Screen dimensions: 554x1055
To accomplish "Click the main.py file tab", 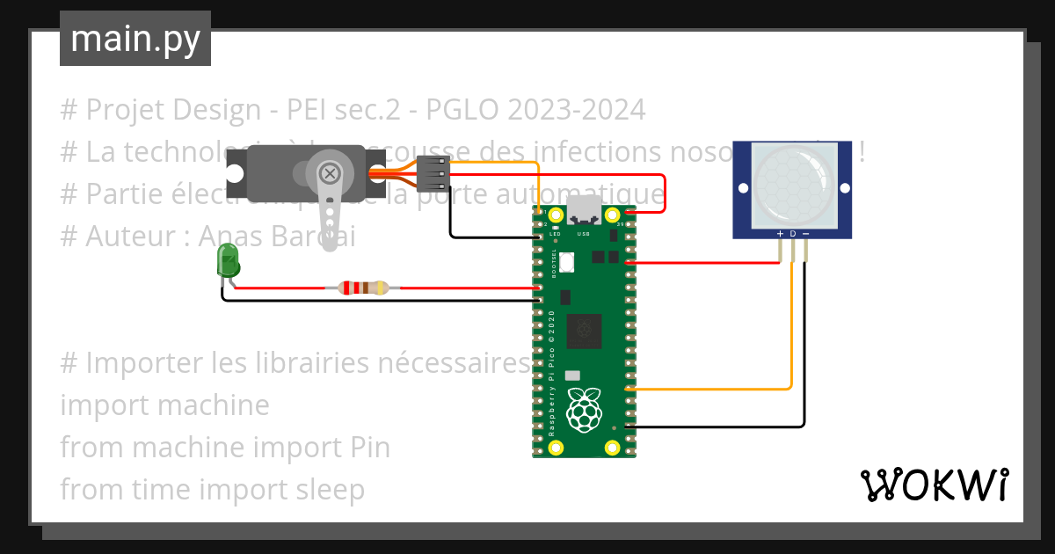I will (x=135, y=39).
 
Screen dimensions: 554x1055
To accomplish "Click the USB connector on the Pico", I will (x=583, y=211).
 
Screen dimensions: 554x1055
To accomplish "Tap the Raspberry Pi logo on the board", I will (x=583, y=410).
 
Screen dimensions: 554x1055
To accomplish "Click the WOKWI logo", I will (x=934, y=485).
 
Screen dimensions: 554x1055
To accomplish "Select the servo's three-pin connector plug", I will (x=433, y=173).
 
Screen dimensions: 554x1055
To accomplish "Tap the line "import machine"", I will (x=164, y=405).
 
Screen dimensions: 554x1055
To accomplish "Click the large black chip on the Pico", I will (x=584, y=332).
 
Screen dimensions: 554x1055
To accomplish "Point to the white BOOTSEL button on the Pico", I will (x=567, y=261).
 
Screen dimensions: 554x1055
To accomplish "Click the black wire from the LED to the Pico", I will (x=378, y=301).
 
